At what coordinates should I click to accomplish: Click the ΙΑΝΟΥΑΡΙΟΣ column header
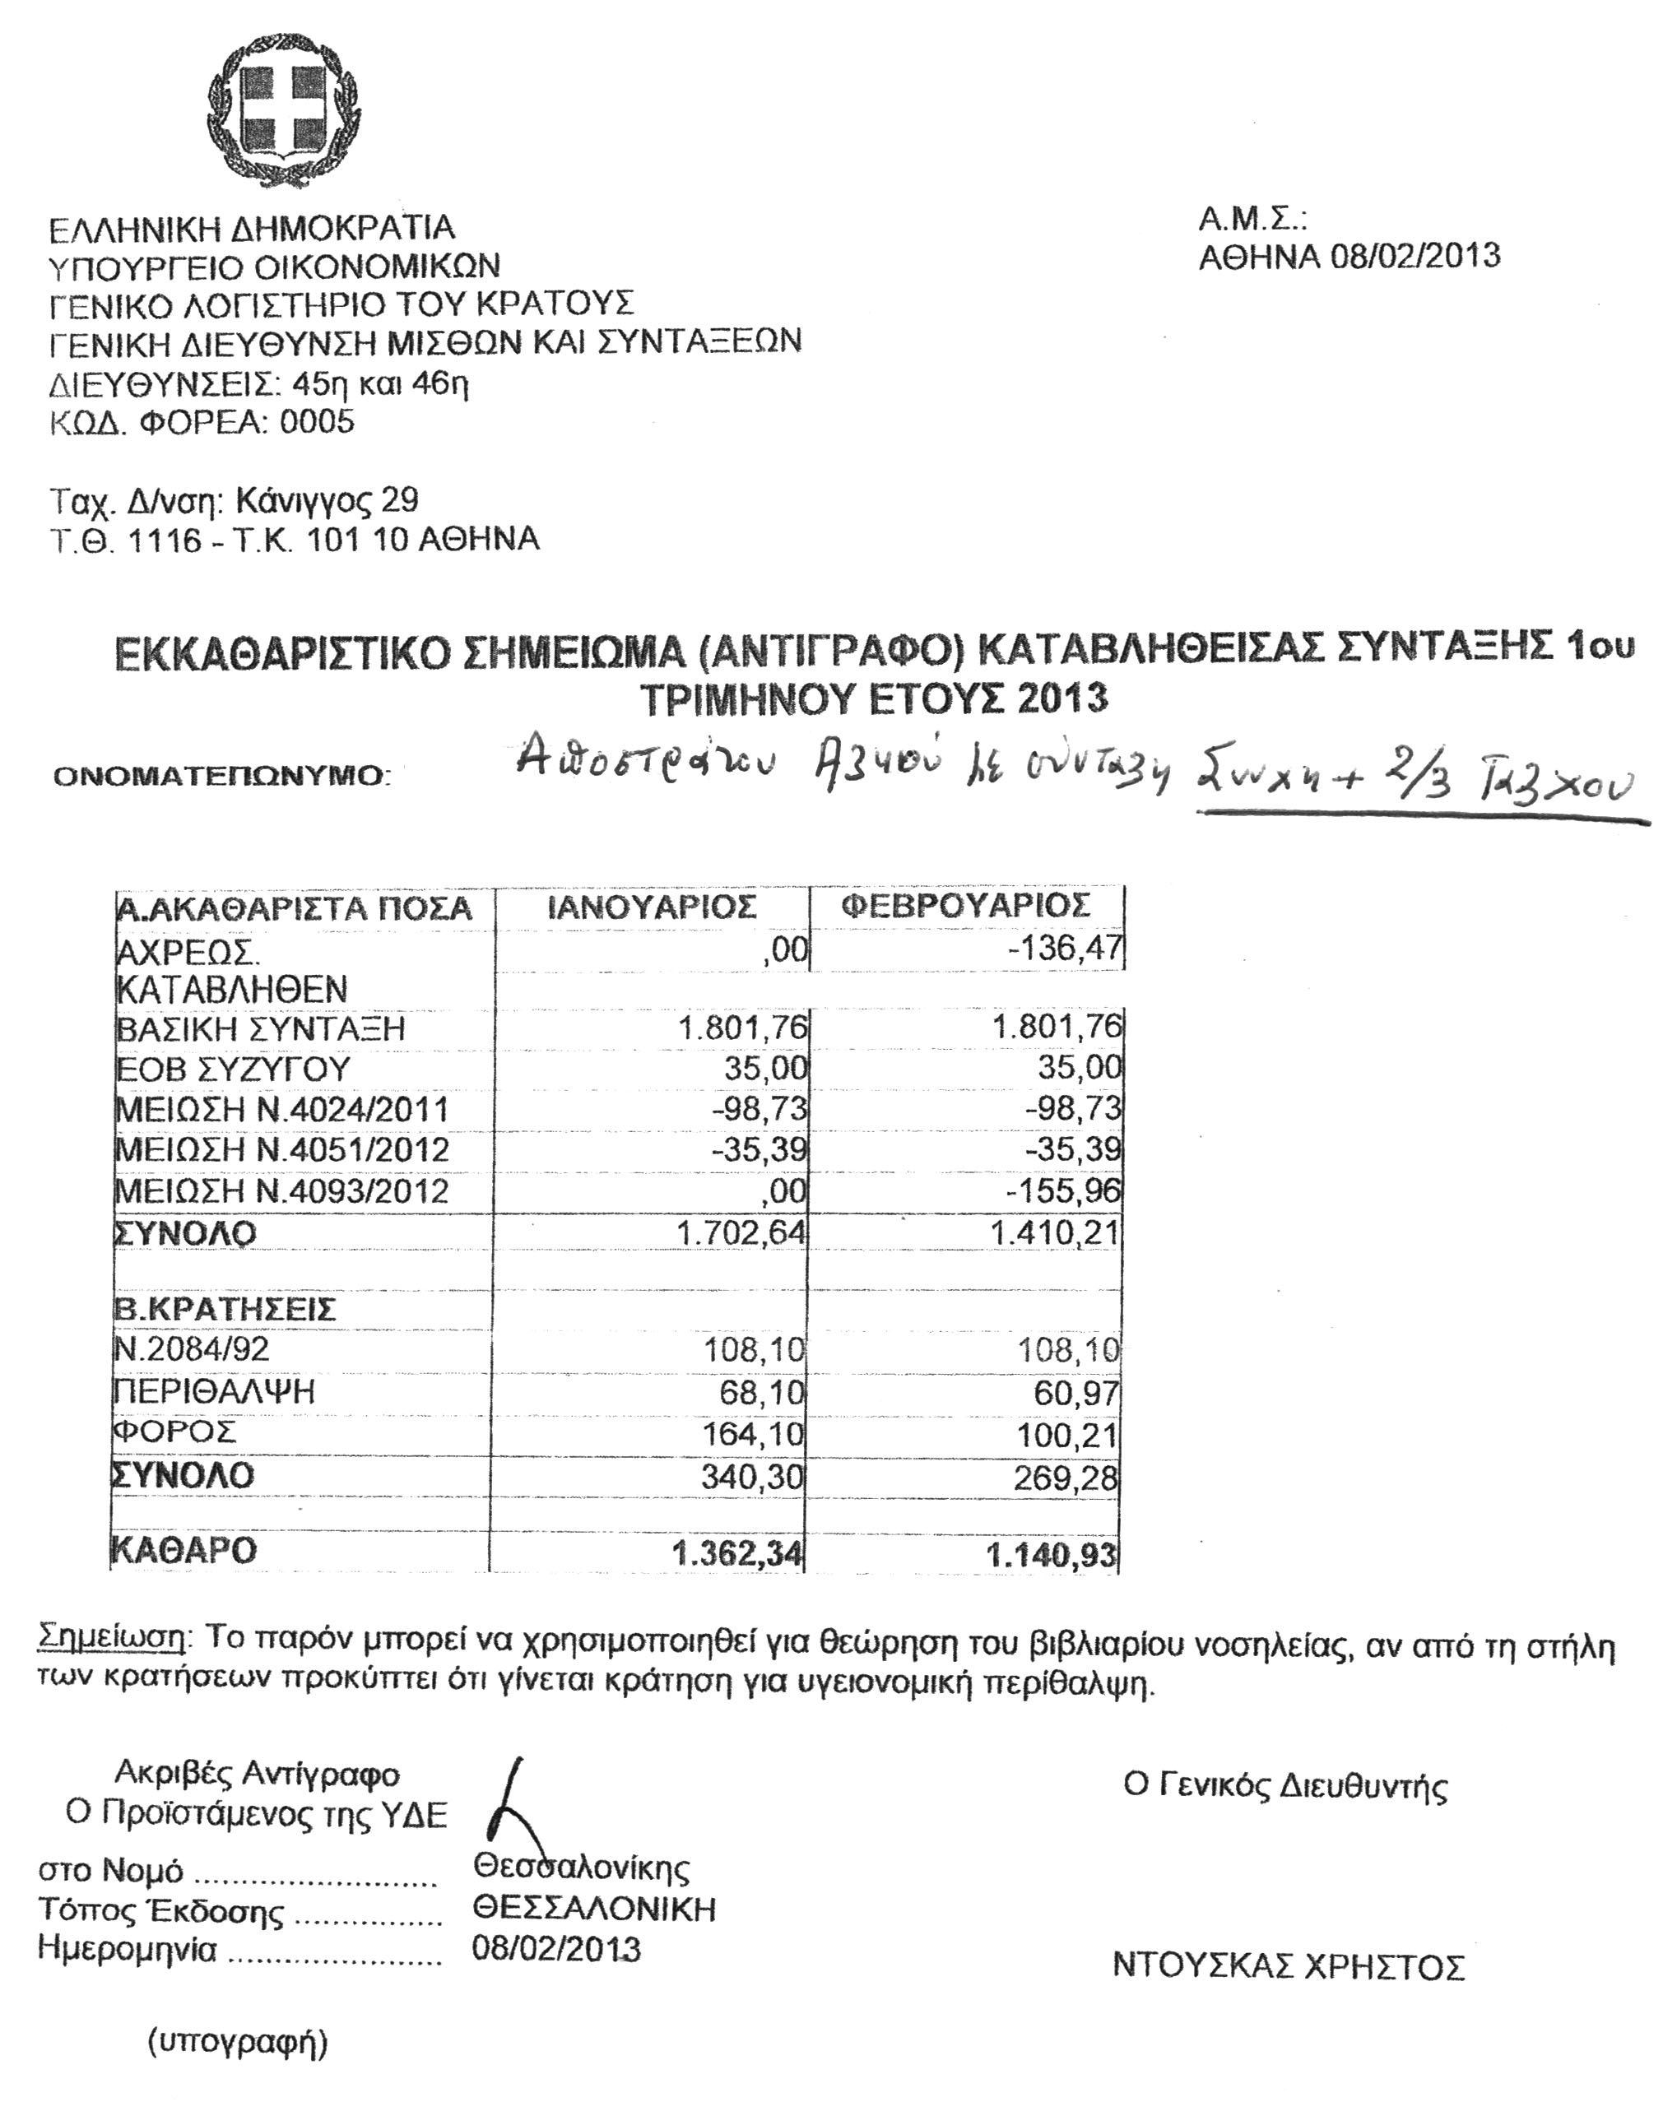(x=652, y=907)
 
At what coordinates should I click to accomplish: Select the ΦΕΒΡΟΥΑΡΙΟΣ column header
(x=965, y=905)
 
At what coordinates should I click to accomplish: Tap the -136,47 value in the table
(x=1066, y=948)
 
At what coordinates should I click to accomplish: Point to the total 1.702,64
(x=742, y=1232)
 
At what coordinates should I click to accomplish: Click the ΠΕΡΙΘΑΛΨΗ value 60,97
(x=1076, y=1393)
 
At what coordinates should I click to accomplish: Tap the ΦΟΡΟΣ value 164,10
(x=755, y=1434)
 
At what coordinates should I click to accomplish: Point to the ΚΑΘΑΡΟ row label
(x=185, y=1550)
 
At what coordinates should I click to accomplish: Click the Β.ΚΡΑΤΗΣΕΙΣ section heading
(x=225, y=1308)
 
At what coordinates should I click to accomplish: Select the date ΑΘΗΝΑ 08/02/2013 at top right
(x=1349, y=257)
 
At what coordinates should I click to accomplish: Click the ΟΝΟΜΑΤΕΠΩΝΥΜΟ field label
(x=221, y=776)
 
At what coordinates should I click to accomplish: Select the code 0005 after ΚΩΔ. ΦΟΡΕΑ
(x=317, y=422)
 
